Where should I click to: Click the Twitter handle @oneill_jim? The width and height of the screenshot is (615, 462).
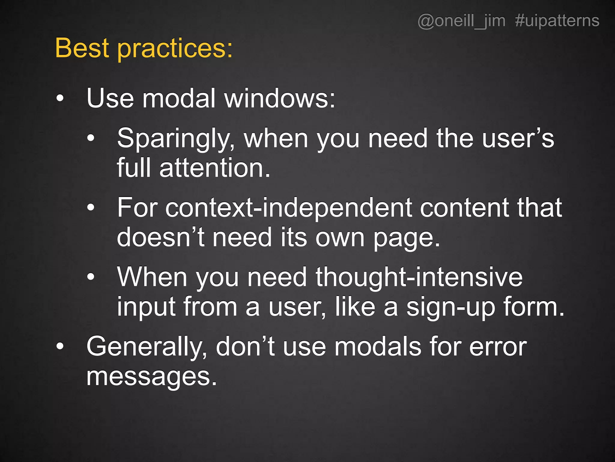pos(461,21)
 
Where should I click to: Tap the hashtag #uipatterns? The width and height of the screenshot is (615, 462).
pos(557,21)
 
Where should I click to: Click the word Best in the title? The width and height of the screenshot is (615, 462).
pos(82,48)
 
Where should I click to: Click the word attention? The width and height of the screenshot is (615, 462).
pos(215,168)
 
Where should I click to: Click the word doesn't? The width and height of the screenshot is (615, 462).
pos(161,237)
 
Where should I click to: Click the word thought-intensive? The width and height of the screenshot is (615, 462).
pos(419,277)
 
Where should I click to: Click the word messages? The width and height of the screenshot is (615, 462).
pos(151,377)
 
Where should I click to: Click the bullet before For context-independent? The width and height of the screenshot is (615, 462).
pos(91,208)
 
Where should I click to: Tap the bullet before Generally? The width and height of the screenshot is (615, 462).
pos(60,346)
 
